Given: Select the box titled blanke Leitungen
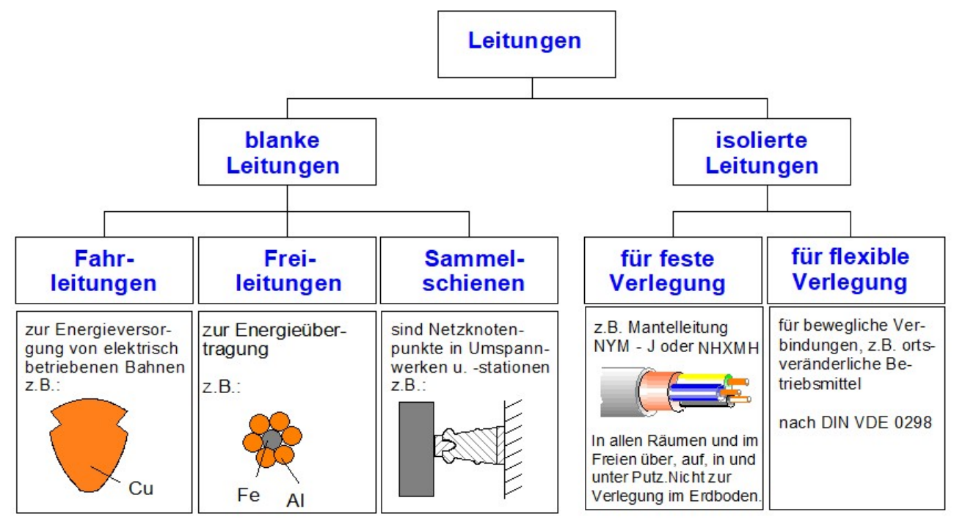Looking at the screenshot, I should click(283, 152).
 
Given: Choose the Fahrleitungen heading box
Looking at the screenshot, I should click(105, 270).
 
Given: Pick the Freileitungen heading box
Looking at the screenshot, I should click(288, 270).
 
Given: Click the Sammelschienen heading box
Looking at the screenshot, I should click(469, 270).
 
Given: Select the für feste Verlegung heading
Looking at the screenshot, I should click(672, 270).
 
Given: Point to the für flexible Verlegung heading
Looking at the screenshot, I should click(855, 270).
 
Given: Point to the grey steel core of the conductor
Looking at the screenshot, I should click(270, 440).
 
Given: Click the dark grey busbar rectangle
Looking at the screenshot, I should click(416, 449).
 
